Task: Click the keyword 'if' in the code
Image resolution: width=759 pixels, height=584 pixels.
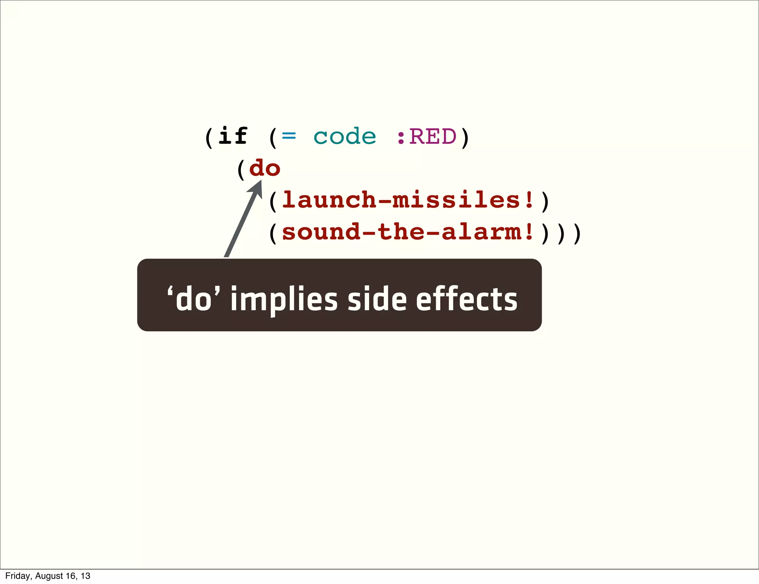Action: [233, 136]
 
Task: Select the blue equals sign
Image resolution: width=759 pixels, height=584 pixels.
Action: [289, 136]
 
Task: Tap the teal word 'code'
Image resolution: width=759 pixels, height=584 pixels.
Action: [345, 136]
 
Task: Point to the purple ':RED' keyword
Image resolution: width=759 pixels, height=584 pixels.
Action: [426, 136]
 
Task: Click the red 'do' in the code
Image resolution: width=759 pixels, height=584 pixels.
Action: [265, 168]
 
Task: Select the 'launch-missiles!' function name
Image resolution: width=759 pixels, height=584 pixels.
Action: [408, 200]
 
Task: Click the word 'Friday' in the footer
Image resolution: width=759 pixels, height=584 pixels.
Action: [17, 576]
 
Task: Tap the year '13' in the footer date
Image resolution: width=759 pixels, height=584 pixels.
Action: [86, 576]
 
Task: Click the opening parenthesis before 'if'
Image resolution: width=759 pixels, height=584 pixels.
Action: [209, 137]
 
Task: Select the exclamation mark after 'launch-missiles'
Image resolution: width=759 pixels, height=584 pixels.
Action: [529, 200]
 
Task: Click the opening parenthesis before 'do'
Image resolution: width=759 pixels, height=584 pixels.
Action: [241, 169]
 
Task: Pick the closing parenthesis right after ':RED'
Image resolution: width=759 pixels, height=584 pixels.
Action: [465, 137]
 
